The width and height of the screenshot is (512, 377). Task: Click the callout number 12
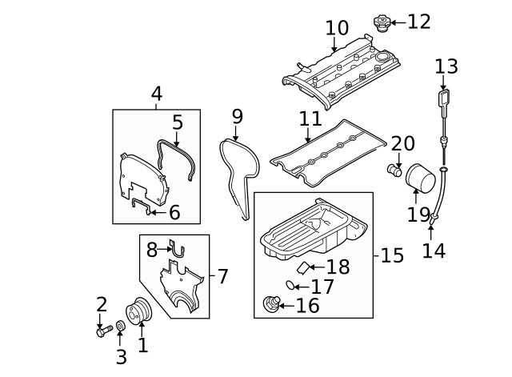[x=418, y=22]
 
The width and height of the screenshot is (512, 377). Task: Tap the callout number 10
[x=337, y=29]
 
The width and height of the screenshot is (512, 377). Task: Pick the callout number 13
[x=446, y=66]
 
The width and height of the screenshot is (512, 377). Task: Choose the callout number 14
[x=434, y=251]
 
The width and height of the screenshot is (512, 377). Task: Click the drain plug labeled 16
[x=271, y=304]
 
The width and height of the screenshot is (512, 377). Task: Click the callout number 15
[x=392, y=256]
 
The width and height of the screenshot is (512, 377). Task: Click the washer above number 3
[x=120, y=327]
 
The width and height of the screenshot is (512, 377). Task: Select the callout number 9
[x=237, y=117]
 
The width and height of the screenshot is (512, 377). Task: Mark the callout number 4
[x=157, y=94]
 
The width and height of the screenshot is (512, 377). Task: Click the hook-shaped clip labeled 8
[x=178, y=249]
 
